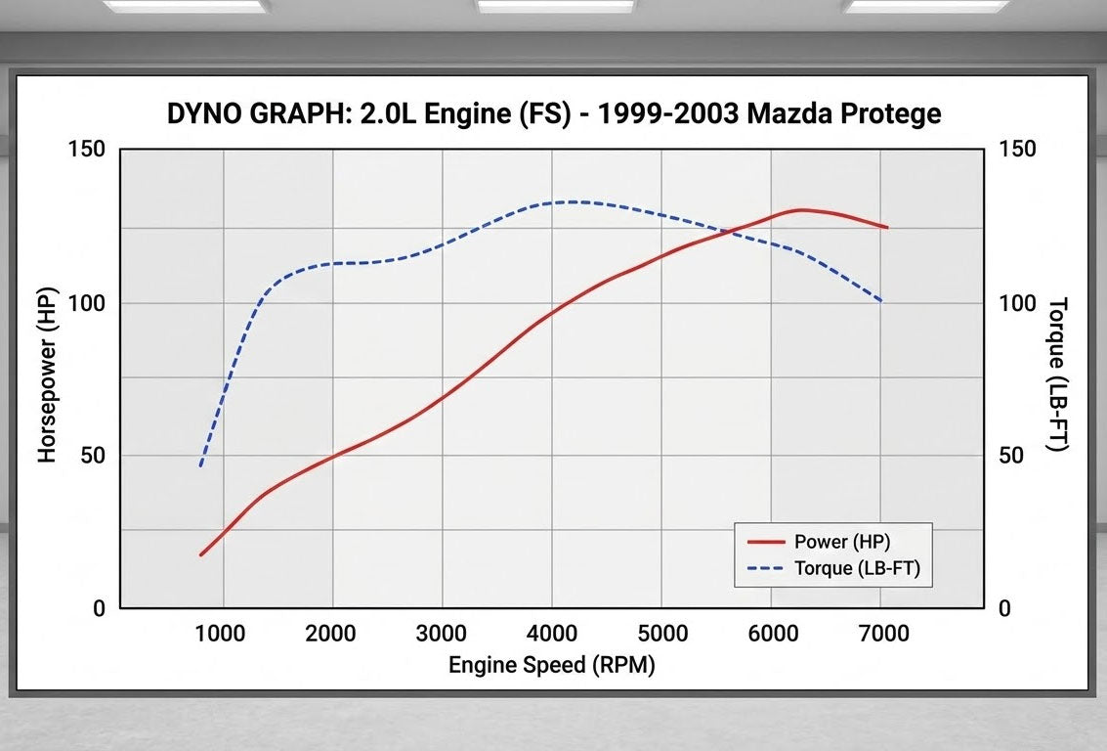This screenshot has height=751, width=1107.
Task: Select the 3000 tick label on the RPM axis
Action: click(441, 634)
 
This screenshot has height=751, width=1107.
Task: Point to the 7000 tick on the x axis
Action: click(881, 634)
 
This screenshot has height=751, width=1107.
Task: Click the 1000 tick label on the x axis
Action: click(221, 634)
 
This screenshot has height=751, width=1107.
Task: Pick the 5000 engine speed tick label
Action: click(660, 634)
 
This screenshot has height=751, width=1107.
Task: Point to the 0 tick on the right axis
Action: click(1004, 608)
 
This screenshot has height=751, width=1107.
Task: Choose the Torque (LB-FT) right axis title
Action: click(1057, 375)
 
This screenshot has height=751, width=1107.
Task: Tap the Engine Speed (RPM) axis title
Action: click(551, 666)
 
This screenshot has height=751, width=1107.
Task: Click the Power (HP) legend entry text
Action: click(842, 541)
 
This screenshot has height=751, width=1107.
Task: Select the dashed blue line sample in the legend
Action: click(766, 568)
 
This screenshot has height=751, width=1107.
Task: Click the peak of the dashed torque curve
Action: click(570, 201)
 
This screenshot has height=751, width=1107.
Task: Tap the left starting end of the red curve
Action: click(200, 555)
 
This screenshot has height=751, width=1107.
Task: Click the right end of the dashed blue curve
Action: click(882, 301)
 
